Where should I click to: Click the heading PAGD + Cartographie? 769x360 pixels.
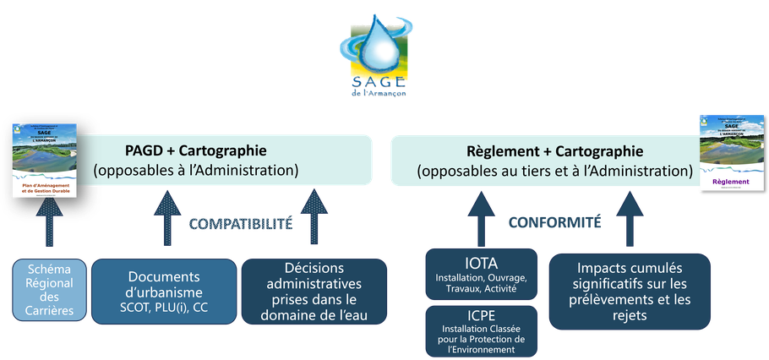195,150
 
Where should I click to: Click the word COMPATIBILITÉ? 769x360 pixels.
240,224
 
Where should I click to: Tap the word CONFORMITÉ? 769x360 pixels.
554,223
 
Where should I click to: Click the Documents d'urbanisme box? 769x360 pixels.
164,291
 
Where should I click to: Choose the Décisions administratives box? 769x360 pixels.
314,291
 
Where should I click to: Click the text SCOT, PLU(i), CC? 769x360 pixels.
164,308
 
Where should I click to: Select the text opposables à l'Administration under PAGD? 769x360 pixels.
196,171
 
